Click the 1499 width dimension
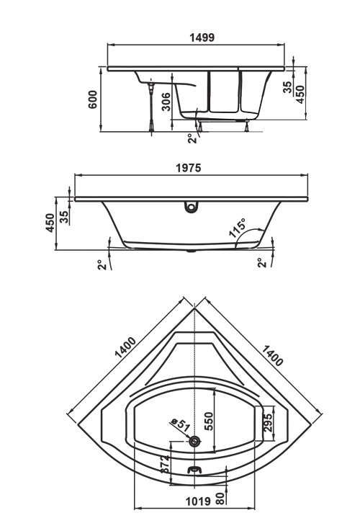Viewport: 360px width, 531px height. click(202, 37)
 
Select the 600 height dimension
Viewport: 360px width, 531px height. click(92, 99)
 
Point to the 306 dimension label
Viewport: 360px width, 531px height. click(166, 102)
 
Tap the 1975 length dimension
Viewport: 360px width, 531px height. click(189, 168)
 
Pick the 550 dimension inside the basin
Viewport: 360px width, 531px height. click(210, 421)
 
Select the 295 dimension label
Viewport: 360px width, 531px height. click(268, 423)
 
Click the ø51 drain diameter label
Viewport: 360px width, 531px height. click(181, 424)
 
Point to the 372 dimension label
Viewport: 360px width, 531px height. click(165, 464)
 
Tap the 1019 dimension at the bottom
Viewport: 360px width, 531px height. click(198, 501)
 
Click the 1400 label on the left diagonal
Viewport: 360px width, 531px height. click(125, 347)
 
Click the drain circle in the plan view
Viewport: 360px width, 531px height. click(195, 441)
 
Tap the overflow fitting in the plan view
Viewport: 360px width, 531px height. click(194, 470)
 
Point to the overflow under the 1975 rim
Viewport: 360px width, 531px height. click(192, 208)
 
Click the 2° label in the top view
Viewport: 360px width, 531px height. click(192, 138)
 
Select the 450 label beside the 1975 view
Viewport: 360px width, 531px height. click(50, 223)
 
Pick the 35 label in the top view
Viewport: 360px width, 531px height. click(287, 87)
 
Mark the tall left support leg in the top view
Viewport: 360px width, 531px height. click(151, 107)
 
